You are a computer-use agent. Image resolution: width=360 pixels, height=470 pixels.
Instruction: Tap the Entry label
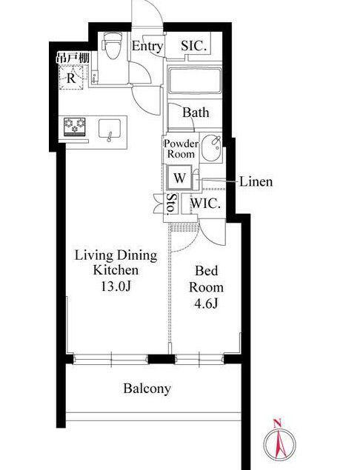(147, 47)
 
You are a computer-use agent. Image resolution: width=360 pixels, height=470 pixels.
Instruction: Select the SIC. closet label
(194, 46)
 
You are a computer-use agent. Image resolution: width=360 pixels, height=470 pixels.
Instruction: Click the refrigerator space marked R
(71, 78)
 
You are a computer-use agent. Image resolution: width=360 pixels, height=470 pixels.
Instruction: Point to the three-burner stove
(74, 127)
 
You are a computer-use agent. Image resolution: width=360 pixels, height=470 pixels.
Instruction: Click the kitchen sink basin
(110, 129)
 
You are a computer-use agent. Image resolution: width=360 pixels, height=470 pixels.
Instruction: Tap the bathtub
(195, 81)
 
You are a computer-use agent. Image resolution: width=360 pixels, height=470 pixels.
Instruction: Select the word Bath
(196, 113)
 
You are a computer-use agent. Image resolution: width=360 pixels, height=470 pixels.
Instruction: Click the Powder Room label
(181, 149)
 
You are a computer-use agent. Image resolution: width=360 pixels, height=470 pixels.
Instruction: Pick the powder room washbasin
(212, 148)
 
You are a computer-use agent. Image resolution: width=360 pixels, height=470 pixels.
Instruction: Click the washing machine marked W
(180, 178)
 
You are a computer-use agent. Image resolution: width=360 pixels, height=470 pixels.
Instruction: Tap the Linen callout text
(256, 181)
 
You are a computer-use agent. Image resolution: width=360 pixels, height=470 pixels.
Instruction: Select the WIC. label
(206, 204)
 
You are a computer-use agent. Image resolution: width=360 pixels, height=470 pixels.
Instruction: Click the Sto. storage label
(172, 204)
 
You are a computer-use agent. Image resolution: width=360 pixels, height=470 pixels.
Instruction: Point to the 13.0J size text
(116, 286)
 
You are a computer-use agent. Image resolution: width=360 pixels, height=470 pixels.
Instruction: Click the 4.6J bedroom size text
(206, 304)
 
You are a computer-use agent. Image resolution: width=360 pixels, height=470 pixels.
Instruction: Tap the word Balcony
(147, 389)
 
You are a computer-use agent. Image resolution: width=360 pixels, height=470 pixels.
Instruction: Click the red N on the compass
(278, 424)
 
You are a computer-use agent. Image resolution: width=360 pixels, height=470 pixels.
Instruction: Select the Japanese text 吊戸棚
(73, 58)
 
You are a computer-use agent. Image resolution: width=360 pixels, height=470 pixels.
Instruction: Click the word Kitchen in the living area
(116, 270)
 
